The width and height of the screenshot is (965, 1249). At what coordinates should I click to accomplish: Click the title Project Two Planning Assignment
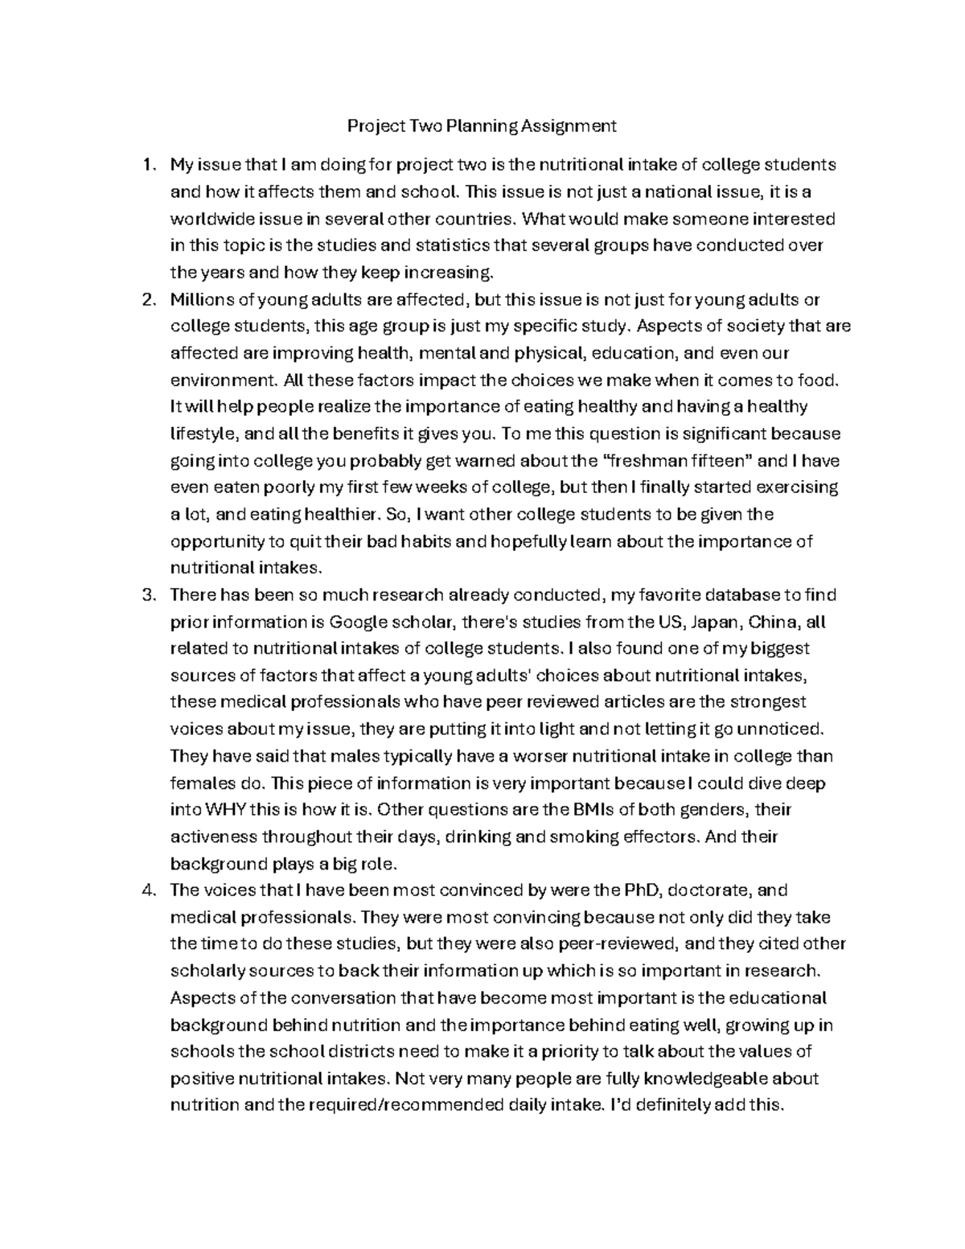point(481,125)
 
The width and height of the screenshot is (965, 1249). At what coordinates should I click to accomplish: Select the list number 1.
point(146,166)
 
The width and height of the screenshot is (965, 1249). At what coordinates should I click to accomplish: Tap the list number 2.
point(146,300)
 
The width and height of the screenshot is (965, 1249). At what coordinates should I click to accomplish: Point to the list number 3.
point(146,595)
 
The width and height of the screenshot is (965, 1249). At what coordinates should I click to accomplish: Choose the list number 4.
point(146,890)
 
